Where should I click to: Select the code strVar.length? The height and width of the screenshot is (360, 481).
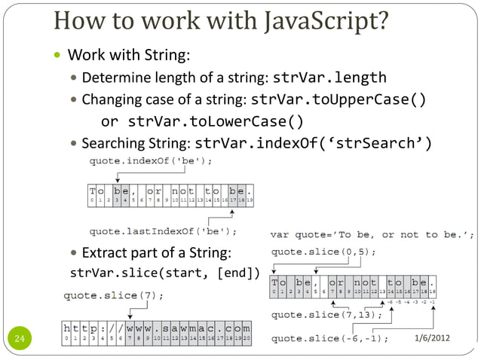329,78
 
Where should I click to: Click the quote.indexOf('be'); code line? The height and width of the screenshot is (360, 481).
151,161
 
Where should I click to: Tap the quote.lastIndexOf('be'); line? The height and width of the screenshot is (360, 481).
163,230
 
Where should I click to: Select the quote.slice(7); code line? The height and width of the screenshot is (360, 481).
112,294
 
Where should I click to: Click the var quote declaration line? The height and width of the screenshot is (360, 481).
372,234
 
